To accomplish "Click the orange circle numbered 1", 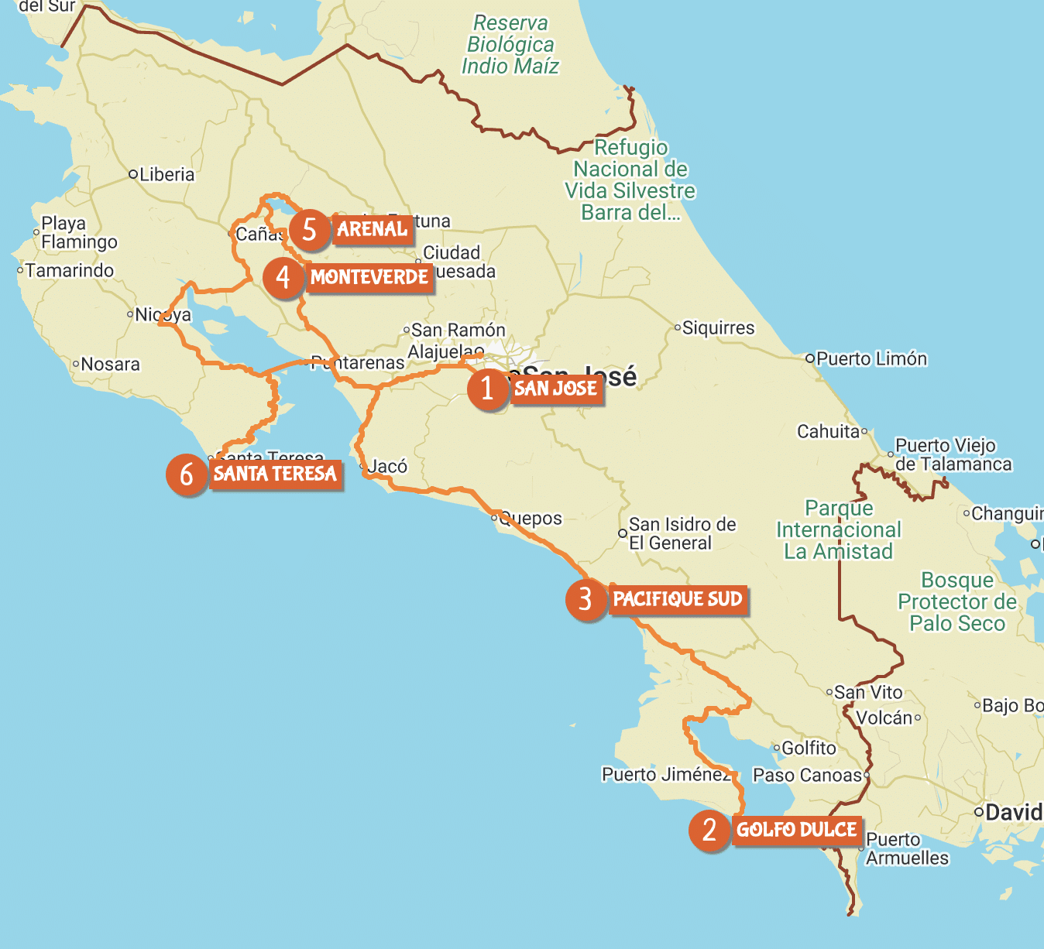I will coord(487,389).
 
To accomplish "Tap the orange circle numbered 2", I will coord(709,831).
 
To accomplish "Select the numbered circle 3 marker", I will coord(586,599).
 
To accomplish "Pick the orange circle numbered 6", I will coord(187,474).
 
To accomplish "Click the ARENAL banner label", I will coord(372,229).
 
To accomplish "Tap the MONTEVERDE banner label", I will coord(369,277).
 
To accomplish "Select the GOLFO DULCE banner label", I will coord(796,830).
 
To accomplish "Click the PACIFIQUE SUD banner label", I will coord(678,599).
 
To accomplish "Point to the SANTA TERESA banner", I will coord(275,474).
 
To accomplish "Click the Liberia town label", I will coord(167,174).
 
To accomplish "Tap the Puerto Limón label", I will coord(871,358).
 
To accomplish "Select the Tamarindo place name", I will coord(69,270).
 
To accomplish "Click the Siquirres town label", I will coord(718,328).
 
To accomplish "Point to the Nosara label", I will coord(110,364).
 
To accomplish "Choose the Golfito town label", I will coord(809,748).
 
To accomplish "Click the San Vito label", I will coord(868,692).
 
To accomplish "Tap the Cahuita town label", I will coord(829,431).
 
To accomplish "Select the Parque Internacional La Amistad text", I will coord(839,529).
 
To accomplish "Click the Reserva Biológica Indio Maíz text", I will coord(510,45).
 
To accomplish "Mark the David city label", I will coord(1013,812).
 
